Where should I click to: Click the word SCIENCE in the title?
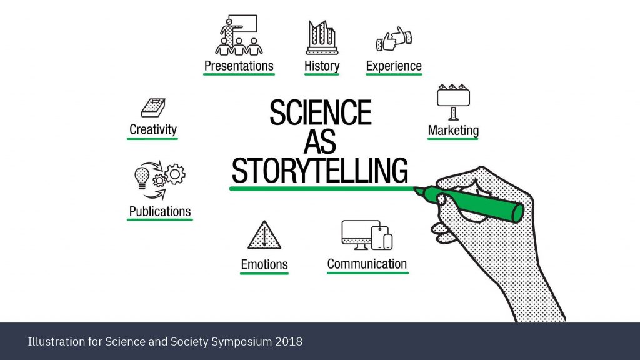tap(321, 112)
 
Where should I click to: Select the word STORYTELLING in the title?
tap(320, 170)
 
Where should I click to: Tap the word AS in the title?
tap(320, 141)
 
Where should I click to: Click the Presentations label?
tap(239, 66)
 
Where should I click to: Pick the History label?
tap(322, 66)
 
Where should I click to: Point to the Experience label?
tap(394, 66)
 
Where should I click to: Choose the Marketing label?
tap(453, 130)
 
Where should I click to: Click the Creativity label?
tap(152, 129)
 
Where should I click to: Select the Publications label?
tap(159, 211)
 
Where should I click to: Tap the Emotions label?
tap(264, 264)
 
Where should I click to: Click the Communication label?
tap(367, 264)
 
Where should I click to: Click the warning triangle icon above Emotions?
tap(264, 235)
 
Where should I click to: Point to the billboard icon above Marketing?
tap(453, 102)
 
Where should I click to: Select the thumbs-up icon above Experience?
tap(394, 39)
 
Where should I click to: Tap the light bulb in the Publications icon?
tap(142, 178)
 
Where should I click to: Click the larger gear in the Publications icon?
tap(175, 174)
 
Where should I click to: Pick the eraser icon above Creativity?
tap(153, 107)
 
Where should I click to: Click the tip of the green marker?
tap(415, 189)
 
